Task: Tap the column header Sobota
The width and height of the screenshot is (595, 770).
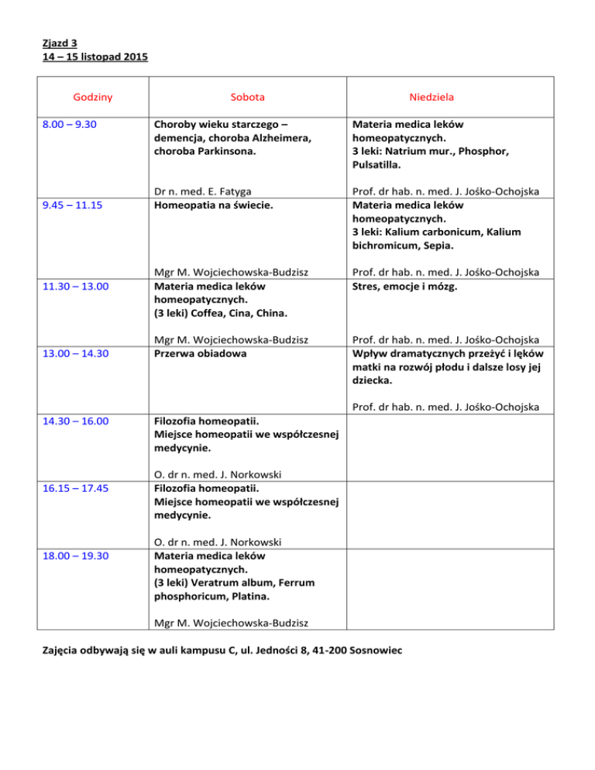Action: point(247,97)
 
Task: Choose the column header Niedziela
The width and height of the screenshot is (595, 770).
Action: point(432,97)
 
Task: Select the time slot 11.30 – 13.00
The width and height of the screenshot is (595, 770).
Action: point(81,287)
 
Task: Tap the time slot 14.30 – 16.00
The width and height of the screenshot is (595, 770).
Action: point(81,422)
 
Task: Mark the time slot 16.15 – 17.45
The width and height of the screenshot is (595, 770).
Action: point(81,490)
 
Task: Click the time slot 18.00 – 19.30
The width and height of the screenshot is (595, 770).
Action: point(81,557)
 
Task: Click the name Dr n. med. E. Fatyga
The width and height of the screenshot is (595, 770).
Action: point(202,191)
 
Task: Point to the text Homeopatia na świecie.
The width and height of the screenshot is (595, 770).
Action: point(209,205)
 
